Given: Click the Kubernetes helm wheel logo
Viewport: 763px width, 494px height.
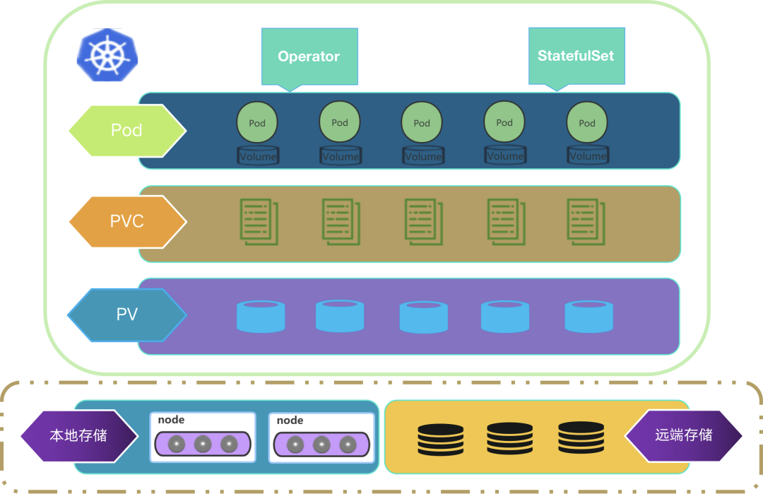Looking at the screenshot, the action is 107,55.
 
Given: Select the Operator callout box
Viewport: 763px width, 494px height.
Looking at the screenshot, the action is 309,57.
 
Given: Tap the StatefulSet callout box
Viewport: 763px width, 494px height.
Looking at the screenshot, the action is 576,57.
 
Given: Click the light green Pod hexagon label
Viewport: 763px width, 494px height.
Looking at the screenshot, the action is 127,131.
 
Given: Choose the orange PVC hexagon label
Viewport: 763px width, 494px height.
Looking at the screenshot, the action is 127,221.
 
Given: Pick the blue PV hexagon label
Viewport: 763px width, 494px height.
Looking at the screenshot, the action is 127,314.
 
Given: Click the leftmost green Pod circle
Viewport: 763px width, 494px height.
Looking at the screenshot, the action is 257,122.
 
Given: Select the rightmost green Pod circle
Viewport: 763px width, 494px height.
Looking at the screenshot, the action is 587,122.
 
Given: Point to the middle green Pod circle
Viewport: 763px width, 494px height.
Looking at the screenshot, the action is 422,122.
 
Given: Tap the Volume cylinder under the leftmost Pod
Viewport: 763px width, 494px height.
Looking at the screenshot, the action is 258,155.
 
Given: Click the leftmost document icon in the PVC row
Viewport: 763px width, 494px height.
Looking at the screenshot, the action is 259,221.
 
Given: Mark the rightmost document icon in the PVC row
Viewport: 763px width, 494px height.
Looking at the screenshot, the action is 586,221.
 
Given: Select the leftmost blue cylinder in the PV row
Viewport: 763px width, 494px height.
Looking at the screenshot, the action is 261,317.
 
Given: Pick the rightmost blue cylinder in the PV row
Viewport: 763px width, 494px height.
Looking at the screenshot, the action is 588,317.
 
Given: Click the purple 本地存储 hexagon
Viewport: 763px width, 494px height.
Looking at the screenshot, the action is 79,435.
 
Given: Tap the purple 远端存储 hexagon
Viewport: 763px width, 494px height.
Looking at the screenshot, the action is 683,435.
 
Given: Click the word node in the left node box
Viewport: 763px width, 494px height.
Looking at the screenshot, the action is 171,420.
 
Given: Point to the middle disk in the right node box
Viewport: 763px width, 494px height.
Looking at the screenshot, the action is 321,445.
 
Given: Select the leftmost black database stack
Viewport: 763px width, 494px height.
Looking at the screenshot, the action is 440,440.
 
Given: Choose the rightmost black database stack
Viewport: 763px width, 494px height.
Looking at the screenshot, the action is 581,437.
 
